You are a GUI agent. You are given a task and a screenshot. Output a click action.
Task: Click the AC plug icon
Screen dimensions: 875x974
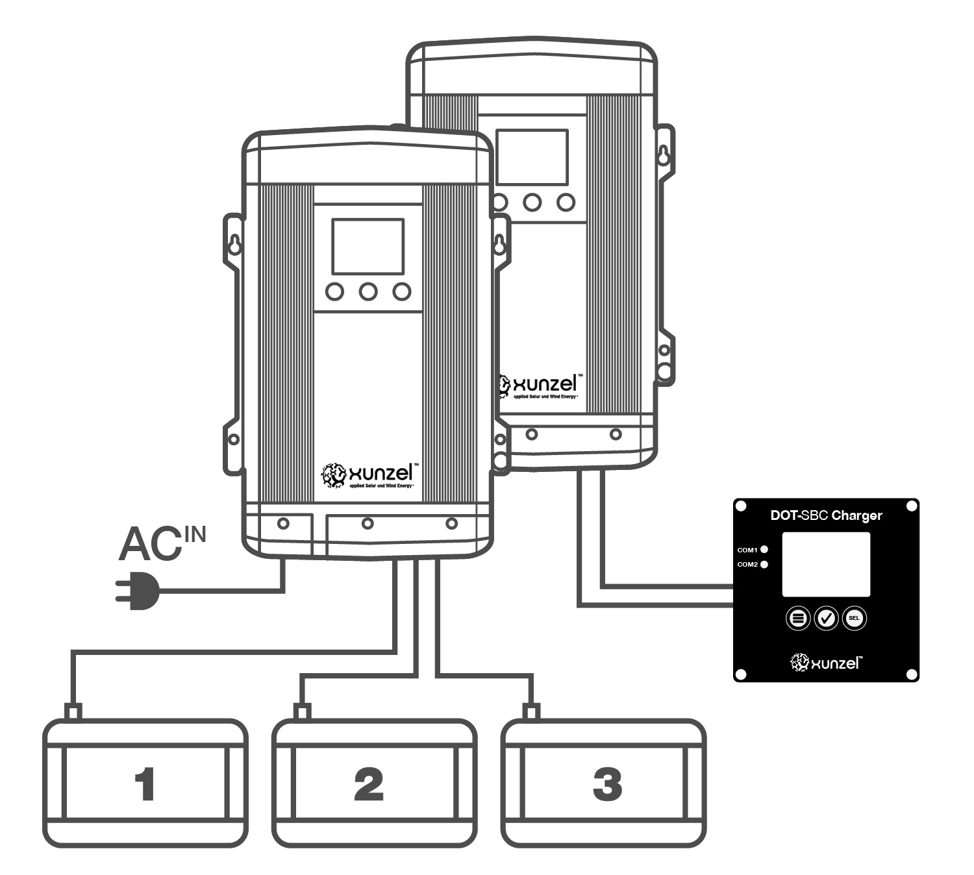coord(136,591)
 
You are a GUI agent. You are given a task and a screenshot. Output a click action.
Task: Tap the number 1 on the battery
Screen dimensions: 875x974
coord(145,784)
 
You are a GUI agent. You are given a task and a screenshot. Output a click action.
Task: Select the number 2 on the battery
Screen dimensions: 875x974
coord(369,784)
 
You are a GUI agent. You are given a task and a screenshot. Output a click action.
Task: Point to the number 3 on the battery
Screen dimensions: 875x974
coord(607,784)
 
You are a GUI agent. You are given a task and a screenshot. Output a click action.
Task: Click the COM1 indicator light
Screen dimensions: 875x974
coord(764,550)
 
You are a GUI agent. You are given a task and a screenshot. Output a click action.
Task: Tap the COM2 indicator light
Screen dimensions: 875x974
coord(764,564)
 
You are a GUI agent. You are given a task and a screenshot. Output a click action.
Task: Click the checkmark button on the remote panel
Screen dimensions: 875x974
coord(826,619)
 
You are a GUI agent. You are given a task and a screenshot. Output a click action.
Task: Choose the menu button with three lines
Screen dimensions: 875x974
coord(798,619)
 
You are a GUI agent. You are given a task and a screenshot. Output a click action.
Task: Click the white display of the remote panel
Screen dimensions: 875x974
coord(826,564)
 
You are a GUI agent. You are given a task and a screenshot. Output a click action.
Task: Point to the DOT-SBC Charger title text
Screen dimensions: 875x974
coord(826,515)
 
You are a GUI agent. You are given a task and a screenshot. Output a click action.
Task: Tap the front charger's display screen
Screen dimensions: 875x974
coord(368,247)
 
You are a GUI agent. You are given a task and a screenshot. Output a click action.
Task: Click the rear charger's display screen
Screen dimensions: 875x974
coord(532,157)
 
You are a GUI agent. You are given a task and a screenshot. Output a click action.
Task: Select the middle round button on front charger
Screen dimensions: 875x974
coord(368,292)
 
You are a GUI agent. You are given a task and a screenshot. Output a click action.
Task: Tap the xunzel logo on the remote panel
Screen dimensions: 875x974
coord(826,663)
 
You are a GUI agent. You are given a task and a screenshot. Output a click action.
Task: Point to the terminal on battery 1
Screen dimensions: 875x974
coord(73,712)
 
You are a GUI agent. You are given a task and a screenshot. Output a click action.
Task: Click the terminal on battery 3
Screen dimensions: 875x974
coord(532,712)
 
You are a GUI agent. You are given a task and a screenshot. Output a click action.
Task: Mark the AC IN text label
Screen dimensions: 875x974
coord(162,543)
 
